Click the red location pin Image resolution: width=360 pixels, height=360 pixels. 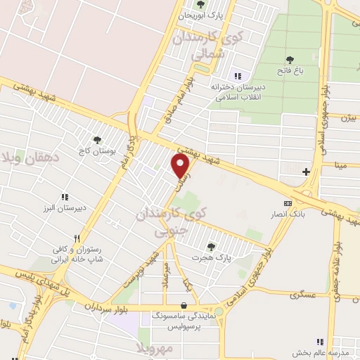181,166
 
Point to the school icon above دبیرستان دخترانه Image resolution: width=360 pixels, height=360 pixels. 237,75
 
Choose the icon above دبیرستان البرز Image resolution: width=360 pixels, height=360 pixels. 64,197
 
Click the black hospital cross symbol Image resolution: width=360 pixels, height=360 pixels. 305,172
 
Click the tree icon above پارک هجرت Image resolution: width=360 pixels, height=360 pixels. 211,246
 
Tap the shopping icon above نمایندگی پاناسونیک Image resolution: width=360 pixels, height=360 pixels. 184,306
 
